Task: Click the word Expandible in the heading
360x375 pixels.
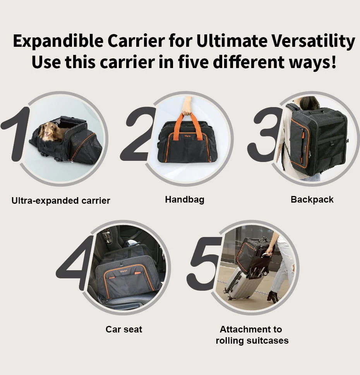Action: (58, 41)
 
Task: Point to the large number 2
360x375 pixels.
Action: (137, 134)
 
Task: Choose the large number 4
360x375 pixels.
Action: (75, 262)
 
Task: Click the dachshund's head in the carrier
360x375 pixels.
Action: (48, 131)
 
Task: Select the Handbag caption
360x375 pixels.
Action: (184, 199)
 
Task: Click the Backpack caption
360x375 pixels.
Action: (312, 199)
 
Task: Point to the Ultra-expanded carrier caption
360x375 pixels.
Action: (61, 200)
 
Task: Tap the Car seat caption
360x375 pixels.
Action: (124, 329)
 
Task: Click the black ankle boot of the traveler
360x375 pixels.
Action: (273, 297)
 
